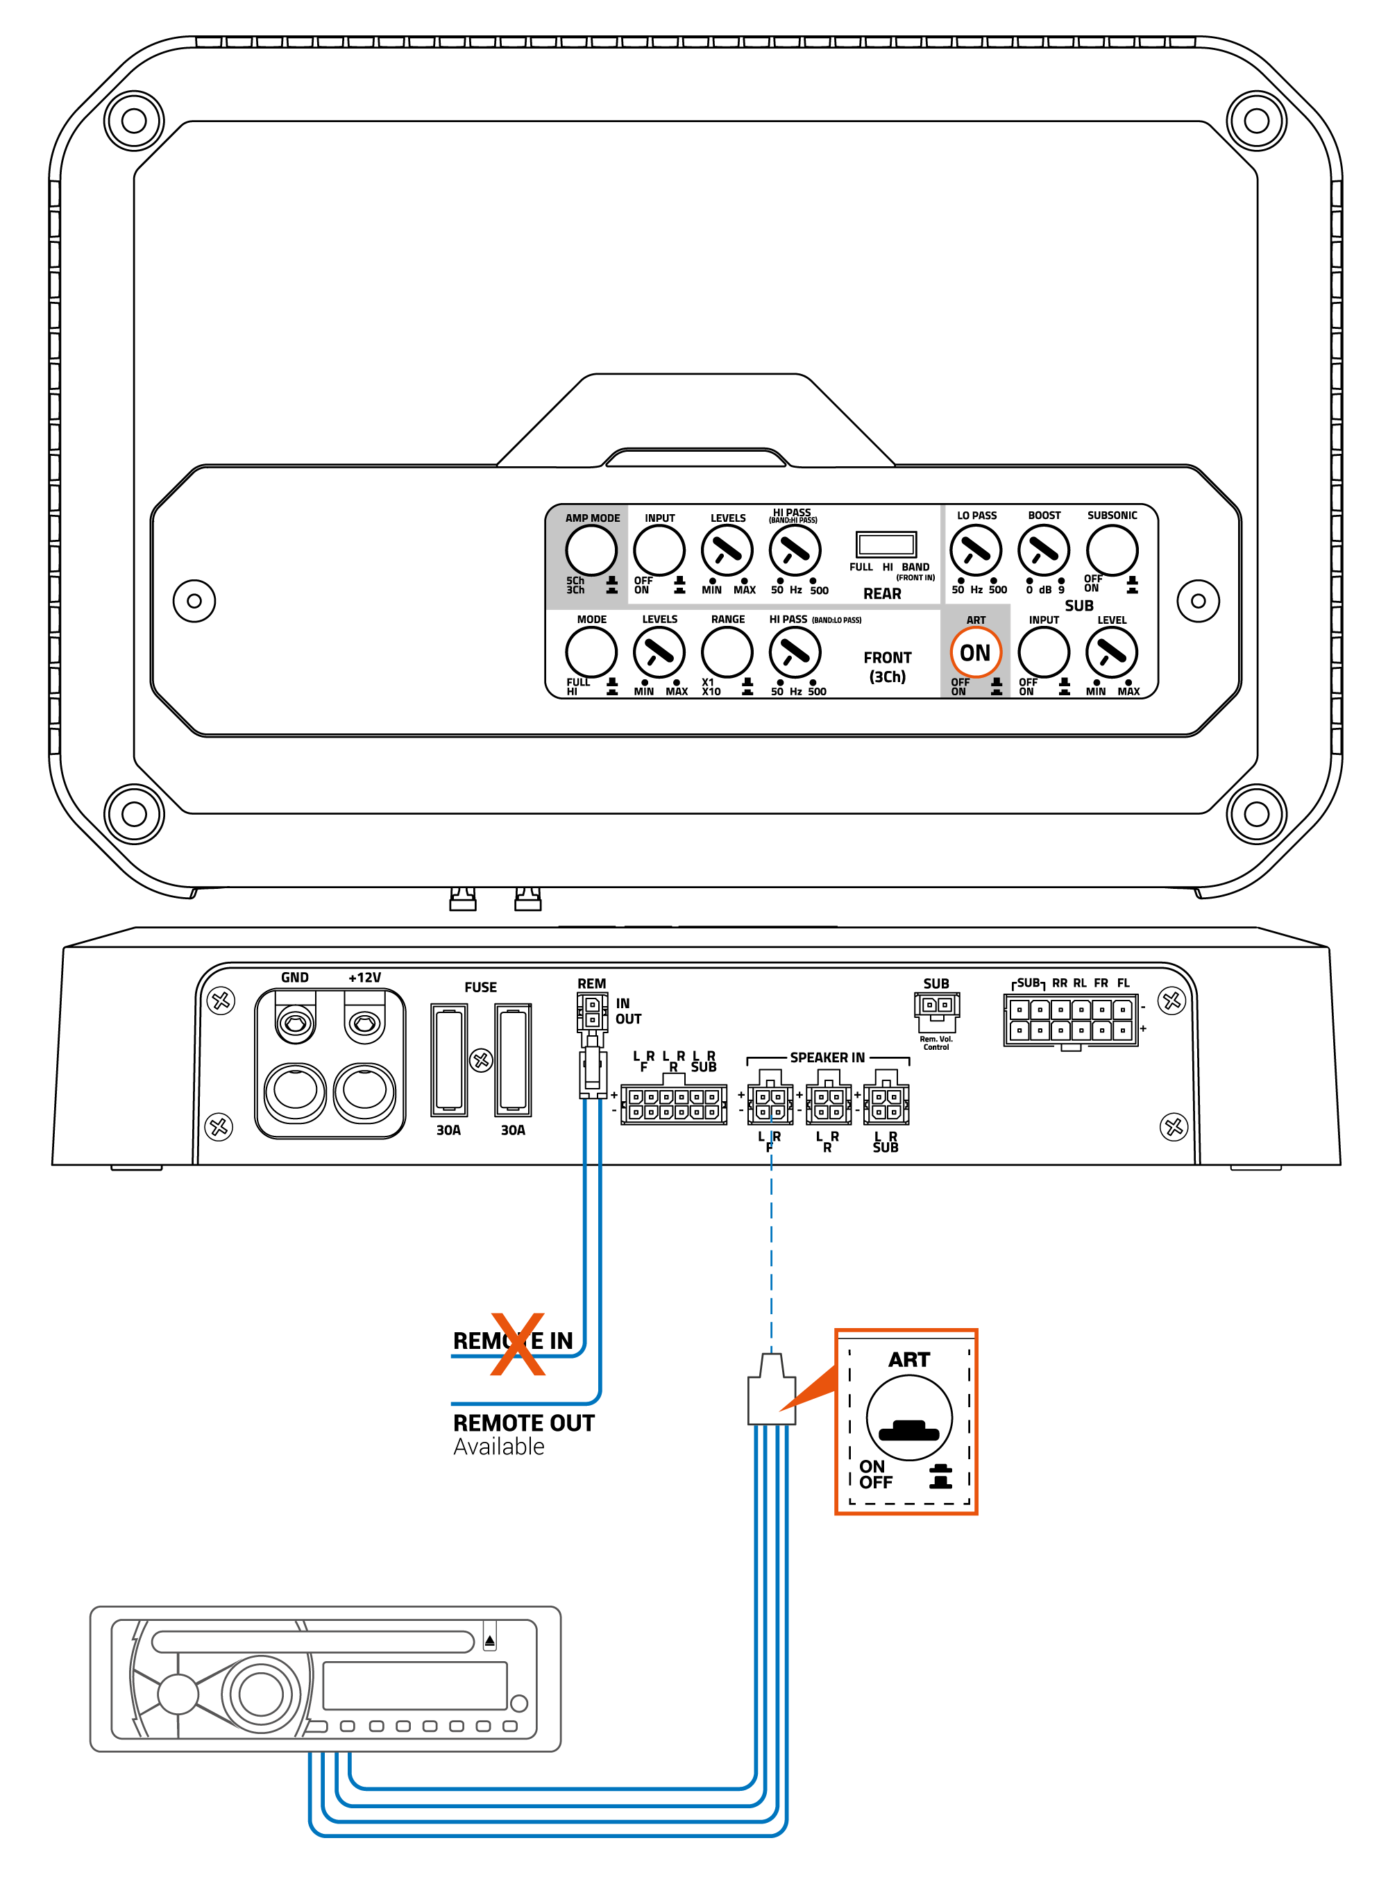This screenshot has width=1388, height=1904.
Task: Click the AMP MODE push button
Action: click(x=591, y=550)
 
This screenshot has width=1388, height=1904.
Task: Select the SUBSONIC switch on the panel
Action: click(x=1112, y=550)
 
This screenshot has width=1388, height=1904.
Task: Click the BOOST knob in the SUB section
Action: click(x=1044, y=550)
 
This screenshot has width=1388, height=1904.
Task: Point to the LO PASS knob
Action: click(x=976, y=550)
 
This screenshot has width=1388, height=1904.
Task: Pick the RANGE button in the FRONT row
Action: click(x=727, y=652)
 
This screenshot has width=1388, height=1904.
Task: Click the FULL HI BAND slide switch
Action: click(x=886, y=544)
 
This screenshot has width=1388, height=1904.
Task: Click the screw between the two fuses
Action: click(x=480, y=1060)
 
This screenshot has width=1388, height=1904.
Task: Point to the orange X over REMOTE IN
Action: click(x=518, y=1344)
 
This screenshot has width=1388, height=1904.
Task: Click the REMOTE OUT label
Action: click(x=523, y=1422)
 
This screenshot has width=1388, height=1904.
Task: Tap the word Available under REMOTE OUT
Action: click(x=498, y=1446)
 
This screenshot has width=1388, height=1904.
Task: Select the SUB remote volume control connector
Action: click(x=936, y=1006)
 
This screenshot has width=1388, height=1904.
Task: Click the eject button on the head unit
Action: click(x=490, y=1640)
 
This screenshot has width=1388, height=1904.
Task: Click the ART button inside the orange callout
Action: click(x=909, y=1418)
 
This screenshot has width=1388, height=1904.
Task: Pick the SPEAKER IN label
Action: click(x=827, y=1057)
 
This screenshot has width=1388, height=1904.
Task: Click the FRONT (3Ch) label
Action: click(x=887, y=667)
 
